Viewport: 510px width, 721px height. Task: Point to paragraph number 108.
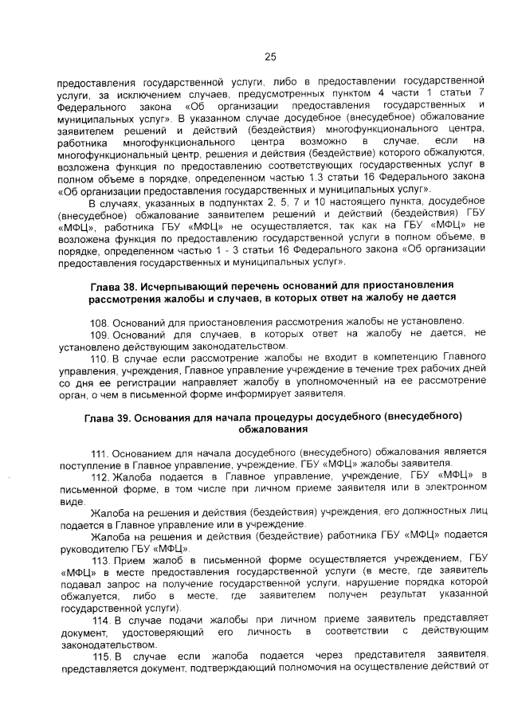pyautogui.click(x=100, y=321)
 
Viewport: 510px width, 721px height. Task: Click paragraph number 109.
pyautogui.click(x=100, y=335)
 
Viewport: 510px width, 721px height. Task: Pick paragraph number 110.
pyautogui.click(x=100, y=359)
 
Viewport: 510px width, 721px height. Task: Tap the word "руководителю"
pyautogui.click(x=94, y=549)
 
